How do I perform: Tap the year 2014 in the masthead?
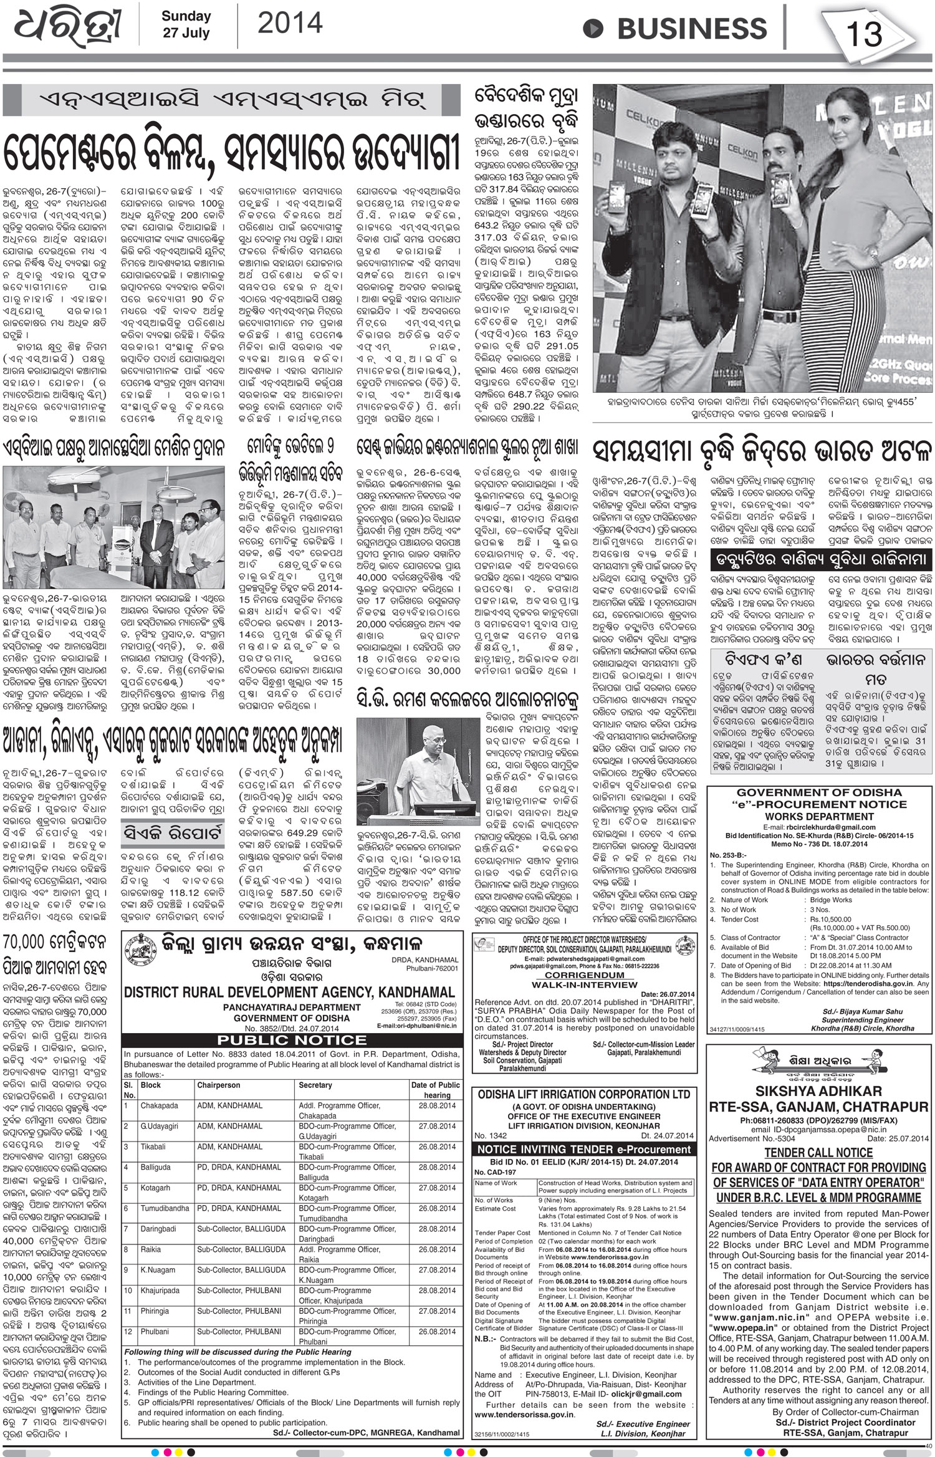pyautogui.click(x=290, y=24)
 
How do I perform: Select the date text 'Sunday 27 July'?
pyautogui.click(x=186, y=24)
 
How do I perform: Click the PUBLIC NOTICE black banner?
pyautogui.click(x=292, y=1040)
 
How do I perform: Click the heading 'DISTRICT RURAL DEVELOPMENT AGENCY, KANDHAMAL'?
pyautogui.click(x=289, y=992)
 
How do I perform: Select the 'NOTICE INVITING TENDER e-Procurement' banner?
pyautogui.click(x=583, y=1149)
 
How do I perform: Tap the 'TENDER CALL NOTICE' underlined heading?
pyautogui.click(x=818, y=1152)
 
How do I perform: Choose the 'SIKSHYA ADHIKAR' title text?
pyautogui.click(x=818, y=1090)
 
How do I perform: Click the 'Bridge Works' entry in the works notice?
pyautogui.click(x=831, y=900)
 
